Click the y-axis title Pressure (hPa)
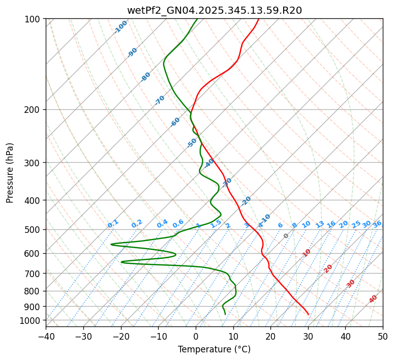click(x=10, y=172)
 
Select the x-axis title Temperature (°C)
click(x=214, y=349)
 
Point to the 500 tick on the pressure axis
click(x=33, y=229)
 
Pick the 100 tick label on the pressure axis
click(x=33, y=19)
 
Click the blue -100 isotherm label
click(x=120, y=27)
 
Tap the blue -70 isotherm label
click(x=160, y=100)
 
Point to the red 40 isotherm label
click(x=373, y=299)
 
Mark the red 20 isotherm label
click(x=328, y=268)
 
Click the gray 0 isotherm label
click(x=286, y=236)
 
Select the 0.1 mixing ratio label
click(x=113, y=223)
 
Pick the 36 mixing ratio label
click(x=377, y=224)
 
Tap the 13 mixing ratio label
click(x=320, y=224)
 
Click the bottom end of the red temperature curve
click(x=308, y=314)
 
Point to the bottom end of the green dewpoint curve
click(x=225, y=314)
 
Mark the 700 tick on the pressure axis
click(x=33, y=274)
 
